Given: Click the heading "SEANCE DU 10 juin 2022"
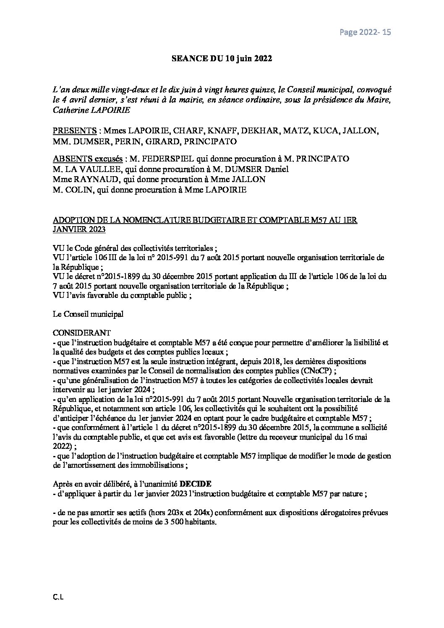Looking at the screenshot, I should (x=222, y=59).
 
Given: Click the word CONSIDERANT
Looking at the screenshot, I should (x=82, y=333).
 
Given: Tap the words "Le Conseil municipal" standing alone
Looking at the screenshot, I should (x=88, y=314).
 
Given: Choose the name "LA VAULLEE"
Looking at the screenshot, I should (x=83, y=169).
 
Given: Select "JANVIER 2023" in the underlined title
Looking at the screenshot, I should (x=79, y=230).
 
